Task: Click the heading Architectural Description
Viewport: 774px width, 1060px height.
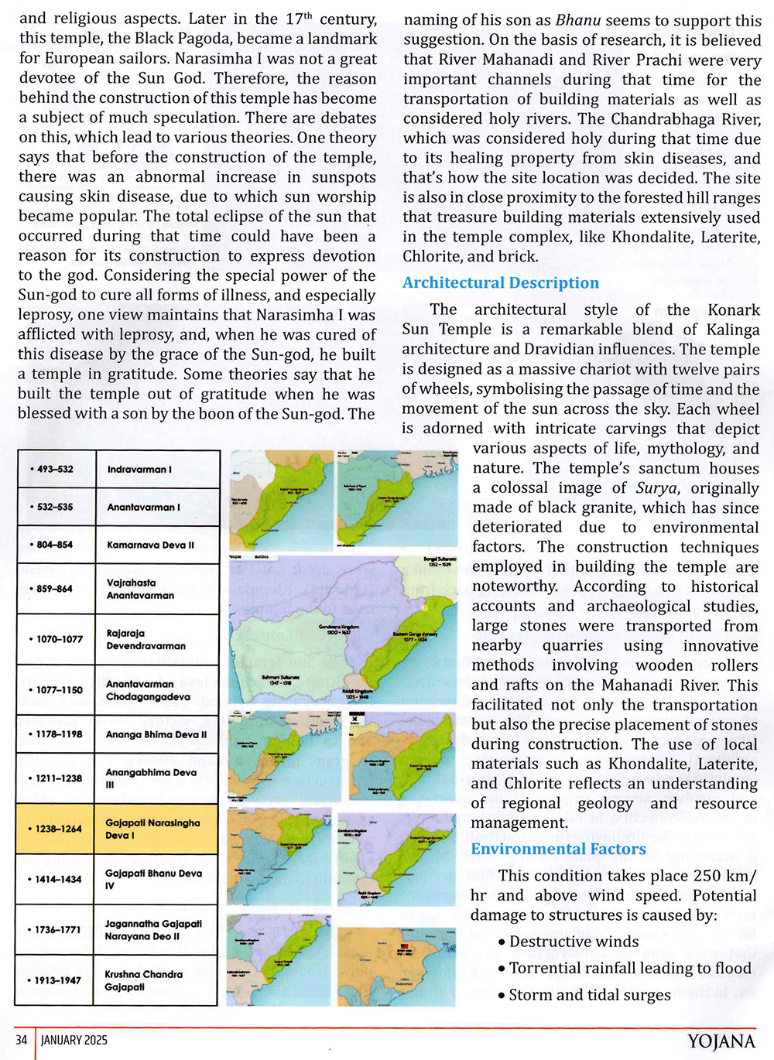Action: point(500,283)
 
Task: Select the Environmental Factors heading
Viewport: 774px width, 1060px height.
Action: point(558,849)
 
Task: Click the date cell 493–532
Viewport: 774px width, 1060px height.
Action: point(55,470)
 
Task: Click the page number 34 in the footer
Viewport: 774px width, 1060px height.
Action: point(22,1040)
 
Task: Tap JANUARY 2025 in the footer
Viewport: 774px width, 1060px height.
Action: point(74,1040)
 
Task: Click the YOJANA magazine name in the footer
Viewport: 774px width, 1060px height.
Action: point(721,1041)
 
